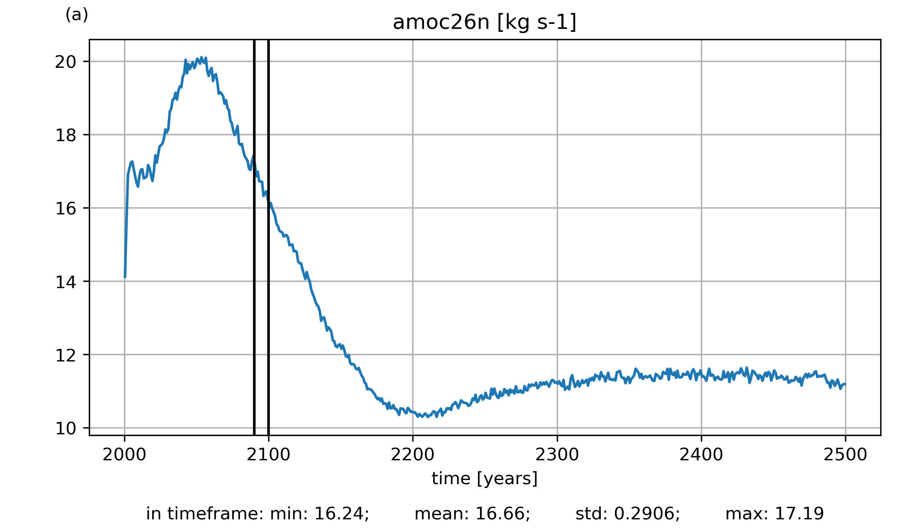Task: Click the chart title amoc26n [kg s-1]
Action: click(x=484, y=23)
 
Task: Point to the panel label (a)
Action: click(x=77, y=15)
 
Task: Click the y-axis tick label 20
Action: click(x=66, y=62)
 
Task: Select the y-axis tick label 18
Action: click(x=66, y=135)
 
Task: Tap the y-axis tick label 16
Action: click(x=66, y=209)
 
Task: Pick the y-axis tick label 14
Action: click(x=66, y=282)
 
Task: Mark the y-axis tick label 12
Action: click(x=66, y=355)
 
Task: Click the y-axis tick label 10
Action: click(x=66, y=428)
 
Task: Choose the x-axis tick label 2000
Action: click(x=124, y=455)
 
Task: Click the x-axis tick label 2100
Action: click(x=269, y=455)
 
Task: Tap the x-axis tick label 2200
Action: click(x=413, y=455)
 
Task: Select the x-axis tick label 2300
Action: click(x=557, y=455)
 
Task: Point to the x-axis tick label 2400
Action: click(x=701, y=455)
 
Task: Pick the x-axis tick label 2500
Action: click(x=845, y=455)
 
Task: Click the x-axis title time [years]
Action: click(x=484, y=478)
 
